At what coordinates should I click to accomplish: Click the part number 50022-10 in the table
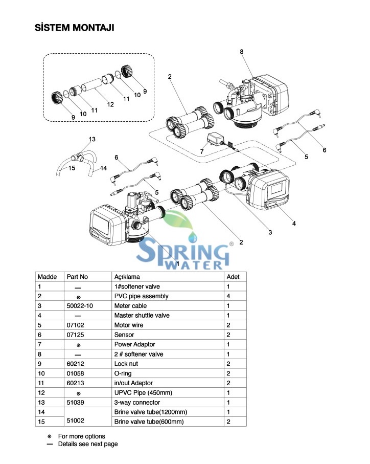(x=80, y=306)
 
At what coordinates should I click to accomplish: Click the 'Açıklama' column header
(x=127, y=277)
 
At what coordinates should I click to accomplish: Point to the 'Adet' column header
(x=233, y=277)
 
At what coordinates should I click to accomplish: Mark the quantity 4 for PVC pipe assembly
(x=228, y=296)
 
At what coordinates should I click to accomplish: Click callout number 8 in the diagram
(x=242, y=52)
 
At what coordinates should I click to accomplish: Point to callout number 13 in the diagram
(x=92, y=139)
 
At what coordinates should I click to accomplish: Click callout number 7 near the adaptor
(x=202, y=152)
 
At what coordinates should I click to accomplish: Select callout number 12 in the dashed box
(x=110, y=105)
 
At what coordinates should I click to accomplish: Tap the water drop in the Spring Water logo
(x=193, y=238)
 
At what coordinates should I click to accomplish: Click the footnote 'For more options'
(x=88, y=436)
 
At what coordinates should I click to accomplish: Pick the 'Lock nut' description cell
(x=126, y=364)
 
